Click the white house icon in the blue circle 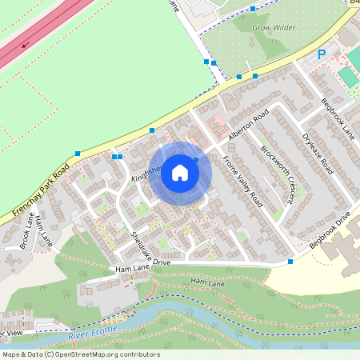(180, 173)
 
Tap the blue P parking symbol (322, 54)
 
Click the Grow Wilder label (274, 27)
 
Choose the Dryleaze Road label (318, 155)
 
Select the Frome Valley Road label (243, 179)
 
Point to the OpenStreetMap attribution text (80, 354)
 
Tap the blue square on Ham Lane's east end (290, 261)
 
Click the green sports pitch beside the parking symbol (348, 76)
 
